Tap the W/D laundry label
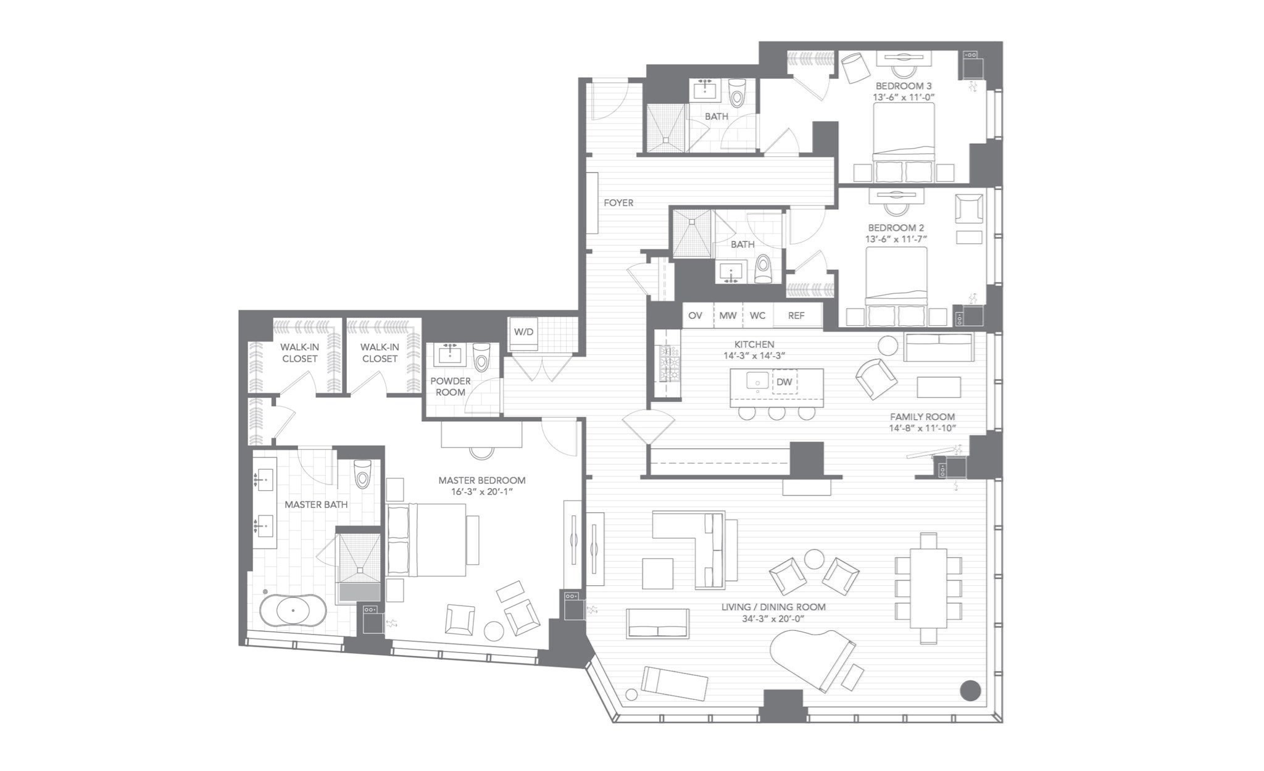pyautogui.click(x=523, y=332)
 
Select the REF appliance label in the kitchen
pyautogui.click(x=796, y=315)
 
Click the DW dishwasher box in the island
pyautogui.click(x=784, y=382)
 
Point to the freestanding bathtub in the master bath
pyautogui.click(x=293, y=611)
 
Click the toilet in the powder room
pyautogui.click(x=481, y=357)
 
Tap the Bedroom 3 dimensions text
pyautogui.click(x=904, y=97)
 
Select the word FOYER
pyautogui.click(x=618, y=202)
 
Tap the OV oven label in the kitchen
pyautogui.click(x=695, y=315)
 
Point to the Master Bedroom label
pyautogui.click(x=482, y=480)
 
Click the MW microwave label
pyautogui.click(x=728, y=315)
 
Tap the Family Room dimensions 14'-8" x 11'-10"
pyautogui.click(x=922, y=428)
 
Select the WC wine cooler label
pyautogui.click(x=757, y=315)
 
